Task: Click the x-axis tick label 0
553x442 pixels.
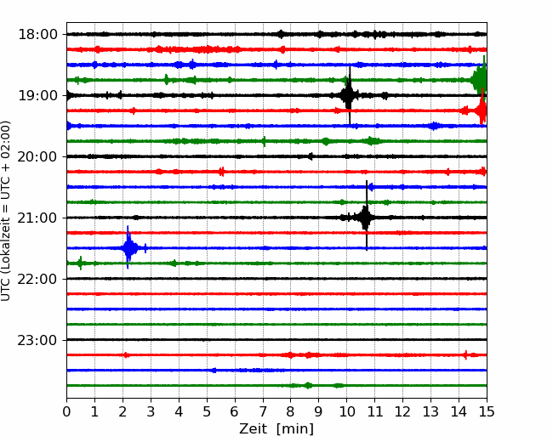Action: (x=66, y=411)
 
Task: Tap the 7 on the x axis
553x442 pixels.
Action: (x=263, y=411)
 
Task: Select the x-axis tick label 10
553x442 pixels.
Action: (x=346, y=411)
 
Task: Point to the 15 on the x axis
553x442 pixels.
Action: (x=487, y=411)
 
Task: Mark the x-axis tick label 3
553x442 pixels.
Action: (x=151, y=411)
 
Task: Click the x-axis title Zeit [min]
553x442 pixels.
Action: (x=276, y=429)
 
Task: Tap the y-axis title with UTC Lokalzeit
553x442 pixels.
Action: (x=5, y=211)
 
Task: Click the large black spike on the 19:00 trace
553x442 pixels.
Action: (x=349, y=95)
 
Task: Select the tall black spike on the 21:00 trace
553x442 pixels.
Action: (x=366, y=217)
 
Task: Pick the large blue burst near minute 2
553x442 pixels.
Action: (x=128, y=247)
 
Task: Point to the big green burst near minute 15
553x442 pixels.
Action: (x=480, y=80)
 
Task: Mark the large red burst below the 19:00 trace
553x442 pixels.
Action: (x=481, y=110)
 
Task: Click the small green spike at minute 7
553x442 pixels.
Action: (x=264, y=141)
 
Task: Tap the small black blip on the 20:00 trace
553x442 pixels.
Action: (x=311, y=156)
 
